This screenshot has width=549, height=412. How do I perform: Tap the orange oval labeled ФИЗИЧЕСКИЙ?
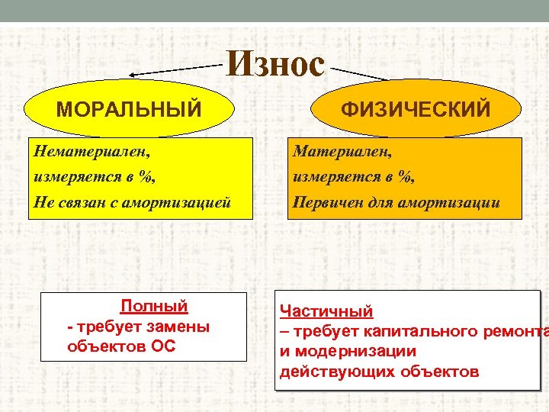[x=416, y=110]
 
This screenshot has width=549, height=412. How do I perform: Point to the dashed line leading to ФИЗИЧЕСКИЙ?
[x=358, y=73]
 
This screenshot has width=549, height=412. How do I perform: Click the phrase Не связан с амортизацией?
[x=131, y=202]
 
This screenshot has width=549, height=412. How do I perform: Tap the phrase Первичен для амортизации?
[x=396, y=202]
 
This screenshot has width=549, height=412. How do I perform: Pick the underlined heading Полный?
[x=154, y=306]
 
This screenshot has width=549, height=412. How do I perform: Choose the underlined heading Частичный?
[x=326, y=311]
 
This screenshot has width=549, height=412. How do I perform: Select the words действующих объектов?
[x=379, y=372]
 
